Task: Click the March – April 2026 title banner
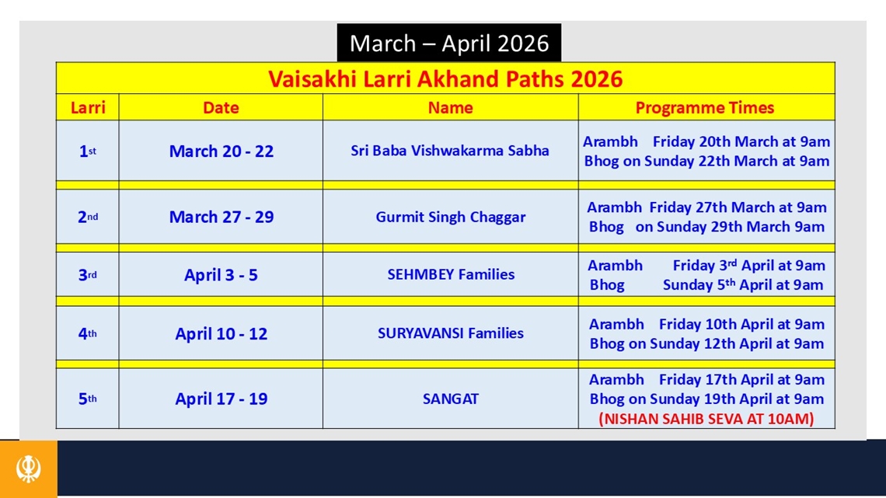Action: tap(448, 44)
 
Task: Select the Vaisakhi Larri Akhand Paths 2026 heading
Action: tap(445, 78)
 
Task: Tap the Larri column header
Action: tap(87, 108)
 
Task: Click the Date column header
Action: tap(221, 108)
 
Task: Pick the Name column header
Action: tap(450, 108)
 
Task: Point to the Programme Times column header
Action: tap(705, 108)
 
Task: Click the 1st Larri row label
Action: tap(87, 151)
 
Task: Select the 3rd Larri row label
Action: tap(87, 275)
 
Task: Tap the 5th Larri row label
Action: tap(87, 399)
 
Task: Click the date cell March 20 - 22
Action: tap(221, 151)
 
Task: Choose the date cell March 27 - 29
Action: tap(221, 218)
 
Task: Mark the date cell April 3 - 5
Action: tap(221, 275)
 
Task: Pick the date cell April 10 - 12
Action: tap(221, 334)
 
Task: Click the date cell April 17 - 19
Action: tap(221, 399)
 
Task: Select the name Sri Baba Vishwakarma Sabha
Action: tap(450, 151)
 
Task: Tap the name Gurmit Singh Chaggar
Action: tap(451, 218)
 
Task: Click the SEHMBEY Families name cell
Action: tap(451, 275)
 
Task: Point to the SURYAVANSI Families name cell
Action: tap(451, 333)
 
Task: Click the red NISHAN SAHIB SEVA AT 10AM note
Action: tap(706, 419)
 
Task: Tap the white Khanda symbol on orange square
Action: tap(29, 469)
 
